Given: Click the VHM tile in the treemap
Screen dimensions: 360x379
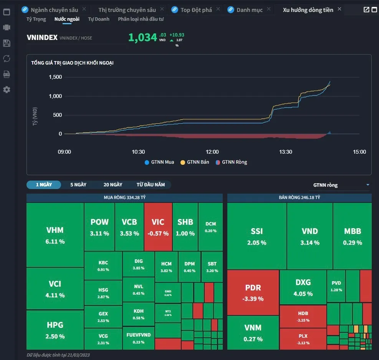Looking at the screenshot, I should click(55, 235).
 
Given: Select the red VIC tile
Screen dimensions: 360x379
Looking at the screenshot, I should click(158, 227).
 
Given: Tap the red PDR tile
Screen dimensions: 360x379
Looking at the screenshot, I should click(253, 292).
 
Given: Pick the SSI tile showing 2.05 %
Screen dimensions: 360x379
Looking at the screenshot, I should click(257, 236).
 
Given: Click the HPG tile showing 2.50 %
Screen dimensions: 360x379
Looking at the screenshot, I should click(55, 330).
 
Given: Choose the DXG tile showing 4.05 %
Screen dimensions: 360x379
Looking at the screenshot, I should click(303, 287).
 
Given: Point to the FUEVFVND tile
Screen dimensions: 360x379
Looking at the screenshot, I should click(138, 338).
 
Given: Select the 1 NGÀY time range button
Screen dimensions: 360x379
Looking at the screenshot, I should click(44, 185).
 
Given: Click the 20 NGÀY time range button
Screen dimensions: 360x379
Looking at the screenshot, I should click(113, 185).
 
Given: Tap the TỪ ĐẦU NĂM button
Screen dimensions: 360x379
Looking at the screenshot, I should click(151, 185).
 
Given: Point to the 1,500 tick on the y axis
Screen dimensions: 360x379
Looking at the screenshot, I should click(55, 77).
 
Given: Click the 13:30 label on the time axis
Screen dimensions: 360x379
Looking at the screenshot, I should click(286, 152).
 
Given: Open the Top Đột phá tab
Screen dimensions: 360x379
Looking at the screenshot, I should click(196, 10).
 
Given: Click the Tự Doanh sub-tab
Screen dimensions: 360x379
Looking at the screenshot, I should click(99, 19).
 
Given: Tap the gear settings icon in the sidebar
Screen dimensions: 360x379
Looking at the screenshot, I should click(7, 90).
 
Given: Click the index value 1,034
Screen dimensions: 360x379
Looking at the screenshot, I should click(142, 37).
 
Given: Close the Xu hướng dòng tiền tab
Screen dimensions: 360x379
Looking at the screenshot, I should click(339, 9).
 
